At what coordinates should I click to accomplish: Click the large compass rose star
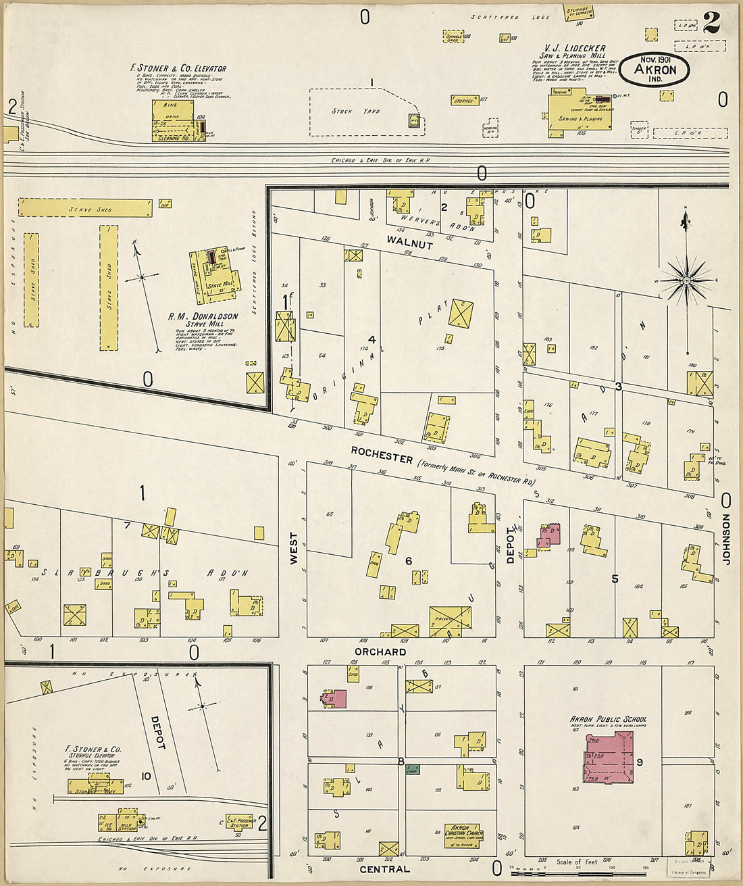[x=686, y=279]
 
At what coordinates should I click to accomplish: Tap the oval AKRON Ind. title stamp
[x=655, y=69]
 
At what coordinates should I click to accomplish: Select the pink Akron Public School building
[x=609, y=757]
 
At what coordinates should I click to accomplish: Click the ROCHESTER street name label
[x=382, y=458]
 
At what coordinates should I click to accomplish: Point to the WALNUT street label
[x=409, y=245]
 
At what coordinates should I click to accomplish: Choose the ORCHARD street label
[x=380, y=651]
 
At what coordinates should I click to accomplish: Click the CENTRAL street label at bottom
[x=384, y=868]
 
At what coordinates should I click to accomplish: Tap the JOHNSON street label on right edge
[x=727, y=539]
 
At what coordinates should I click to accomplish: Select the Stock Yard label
[x=355, y=111]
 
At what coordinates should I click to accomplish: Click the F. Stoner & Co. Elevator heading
[x=178, y=68]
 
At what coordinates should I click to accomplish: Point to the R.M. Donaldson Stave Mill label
[x=203, y=320]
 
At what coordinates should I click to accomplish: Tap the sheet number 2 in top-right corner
[x=711, y=24]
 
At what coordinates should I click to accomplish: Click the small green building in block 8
[x=413, y=769]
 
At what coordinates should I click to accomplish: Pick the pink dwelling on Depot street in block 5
[x=550, y=535]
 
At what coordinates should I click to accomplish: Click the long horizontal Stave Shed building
[x=85, y=208]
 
